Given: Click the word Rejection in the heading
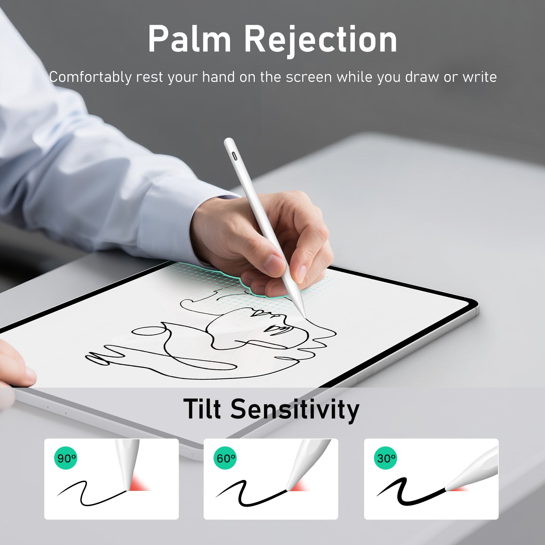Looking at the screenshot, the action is click(x=321, y=40).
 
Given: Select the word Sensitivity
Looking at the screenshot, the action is click(x=295, y=410).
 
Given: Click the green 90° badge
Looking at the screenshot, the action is click(x=66, y=458).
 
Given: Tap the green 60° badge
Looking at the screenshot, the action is click(x=225, y=458).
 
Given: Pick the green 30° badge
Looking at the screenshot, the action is click(x=386, y=458).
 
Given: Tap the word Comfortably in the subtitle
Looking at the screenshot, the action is click(x=90, y=78).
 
